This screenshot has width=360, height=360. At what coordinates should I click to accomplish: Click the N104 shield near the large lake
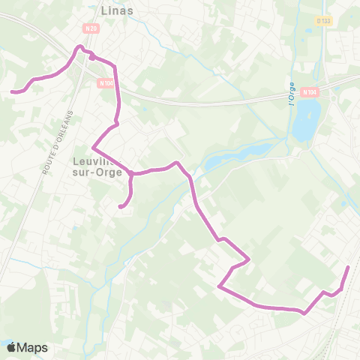click(310, 91)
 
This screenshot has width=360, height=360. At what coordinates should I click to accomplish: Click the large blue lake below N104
click(306, 119)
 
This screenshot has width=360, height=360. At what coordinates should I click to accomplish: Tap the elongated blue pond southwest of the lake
click(225, 157)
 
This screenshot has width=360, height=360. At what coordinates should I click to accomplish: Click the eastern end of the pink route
click(348, 268)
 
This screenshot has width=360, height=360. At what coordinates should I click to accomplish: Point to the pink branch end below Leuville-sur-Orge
click(120, 205)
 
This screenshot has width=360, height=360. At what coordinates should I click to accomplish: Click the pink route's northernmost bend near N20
click(79, 47)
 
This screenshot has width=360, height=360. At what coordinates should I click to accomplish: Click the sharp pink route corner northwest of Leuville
click(93, 146)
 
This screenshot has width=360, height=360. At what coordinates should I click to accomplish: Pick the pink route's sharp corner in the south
click(219, 286)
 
